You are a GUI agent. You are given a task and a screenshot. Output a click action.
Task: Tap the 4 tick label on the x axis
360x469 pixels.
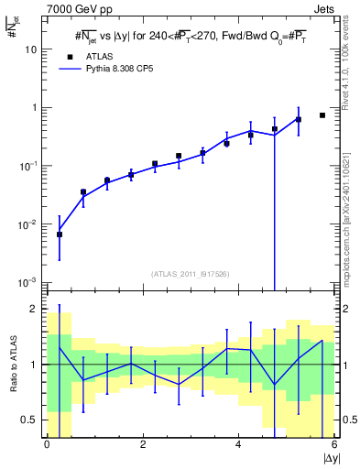pyautogui.click(x=239, y=444)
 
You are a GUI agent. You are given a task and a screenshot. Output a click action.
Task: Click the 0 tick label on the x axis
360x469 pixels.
pyautogui.click(x=47, y=444)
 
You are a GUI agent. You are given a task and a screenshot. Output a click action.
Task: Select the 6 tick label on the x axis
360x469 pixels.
pyautogui.click(x=334, y=444)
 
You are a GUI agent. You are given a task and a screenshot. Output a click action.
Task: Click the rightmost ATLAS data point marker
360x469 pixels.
pyautogui.click(x=322, y=115)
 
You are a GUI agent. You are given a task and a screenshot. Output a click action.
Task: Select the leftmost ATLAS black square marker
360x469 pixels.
pyautogui.click(x=60, y=234)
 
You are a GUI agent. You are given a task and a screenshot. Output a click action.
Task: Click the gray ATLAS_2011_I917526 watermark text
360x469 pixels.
pyautogui.click(x=191, y=274)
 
